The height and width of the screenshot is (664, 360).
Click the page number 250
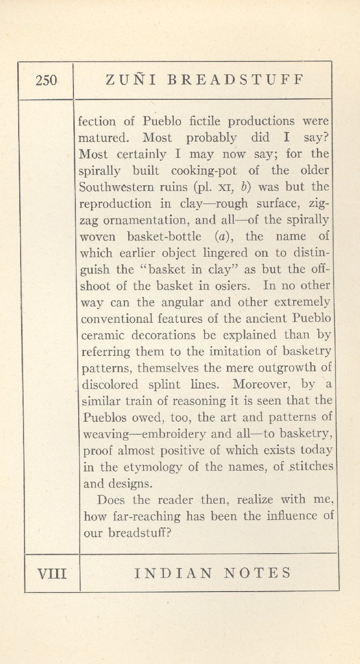coord(46,80)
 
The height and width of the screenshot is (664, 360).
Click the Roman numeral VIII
coord(52,573)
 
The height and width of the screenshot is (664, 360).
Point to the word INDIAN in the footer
coord(173,573)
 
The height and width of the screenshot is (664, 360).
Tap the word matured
coord(103,138)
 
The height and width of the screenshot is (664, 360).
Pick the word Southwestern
coord(122,187)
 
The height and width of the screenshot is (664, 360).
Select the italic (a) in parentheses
coord(225,237)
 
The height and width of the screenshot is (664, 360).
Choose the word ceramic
coord(105,335)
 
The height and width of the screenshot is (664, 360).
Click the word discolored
coord(110,385)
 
